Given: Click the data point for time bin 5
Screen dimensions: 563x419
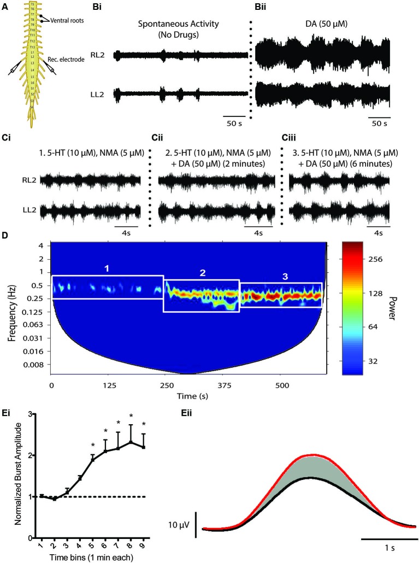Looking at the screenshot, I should [x=92, y=460].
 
